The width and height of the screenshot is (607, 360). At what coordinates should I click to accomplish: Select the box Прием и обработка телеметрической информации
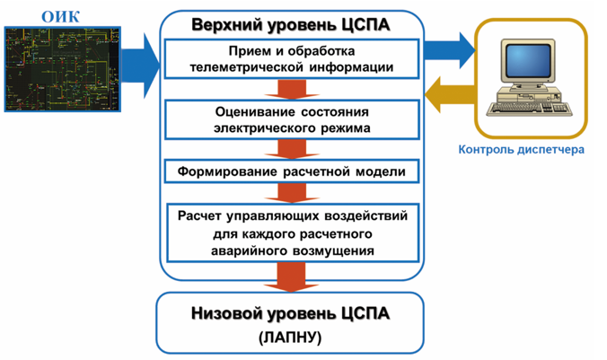pyautogui.click(x=291, y=59)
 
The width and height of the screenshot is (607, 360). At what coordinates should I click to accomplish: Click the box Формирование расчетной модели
pyautogui.click(x=291, y=171)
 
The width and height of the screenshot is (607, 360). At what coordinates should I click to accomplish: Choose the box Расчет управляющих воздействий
pyautogui.click(x=291, y=233)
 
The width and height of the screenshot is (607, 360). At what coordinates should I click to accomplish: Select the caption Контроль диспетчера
pyautogui.click(x=522, y=150)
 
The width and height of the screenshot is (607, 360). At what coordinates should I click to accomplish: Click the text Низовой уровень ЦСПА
pyautogui.click(x=291, y=314)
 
